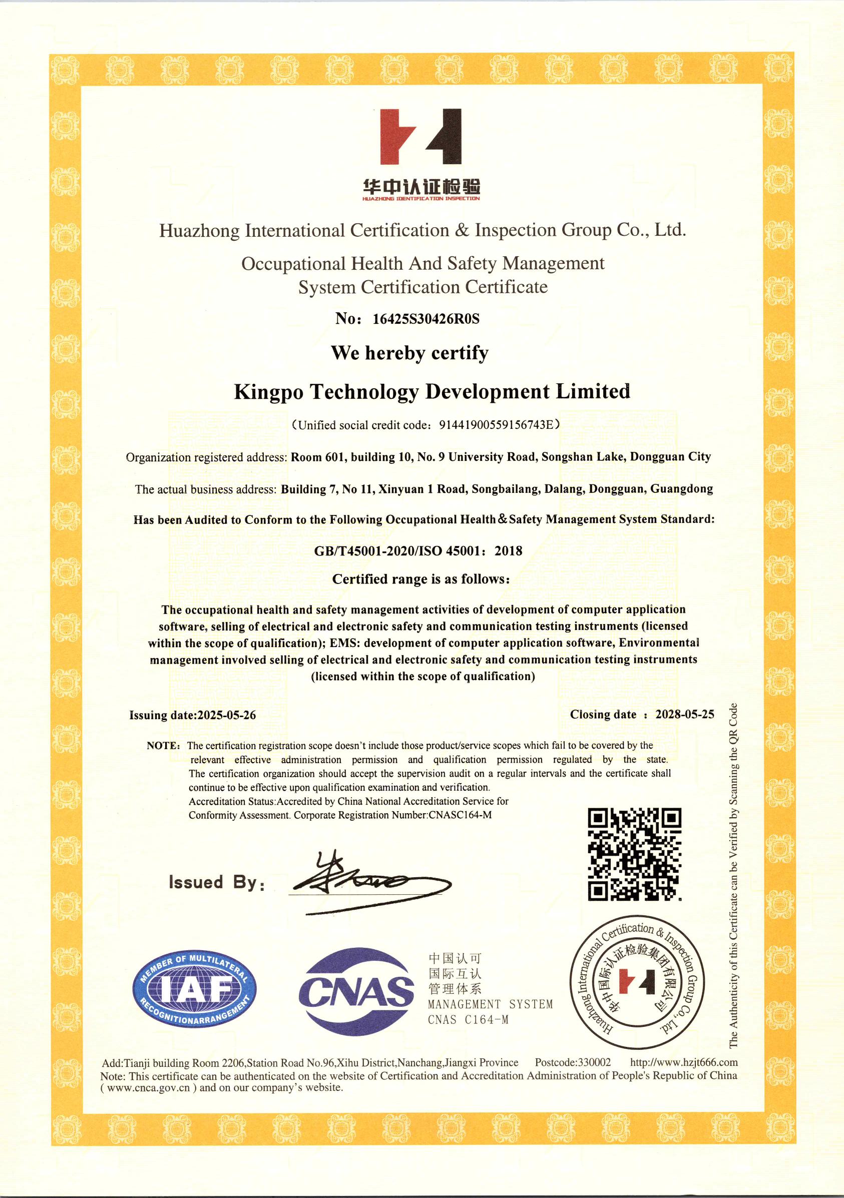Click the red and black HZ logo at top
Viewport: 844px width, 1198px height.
[x=420, y=137]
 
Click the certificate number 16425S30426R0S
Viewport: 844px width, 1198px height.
[x=426, y=319]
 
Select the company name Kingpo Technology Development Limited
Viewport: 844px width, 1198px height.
[x=432, y=391]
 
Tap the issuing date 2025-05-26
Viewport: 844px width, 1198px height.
[x=227, y=715]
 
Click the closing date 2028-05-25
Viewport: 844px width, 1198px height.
[x=684, y=714]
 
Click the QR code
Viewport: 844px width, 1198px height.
[x=634, y=854]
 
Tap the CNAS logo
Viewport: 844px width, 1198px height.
[x=356, y=991]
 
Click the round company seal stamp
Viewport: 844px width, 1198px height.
[x=636, y=982]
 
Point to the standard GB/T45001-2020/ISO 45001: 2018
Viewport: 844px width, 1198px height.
[x=418, y=551]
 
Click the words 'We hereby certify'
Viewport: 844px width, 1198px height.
[x=409, y=353]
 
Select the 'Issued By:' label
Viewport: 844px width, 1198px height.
[x=217, y=882]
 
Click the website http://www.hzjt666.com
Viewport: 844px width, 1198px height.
[x=684, y=1062]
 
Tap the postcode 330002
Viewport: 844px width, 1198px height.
[x=594, y=1062]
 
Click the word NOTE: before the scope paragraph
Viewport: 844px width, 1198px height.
[x=163, y=746]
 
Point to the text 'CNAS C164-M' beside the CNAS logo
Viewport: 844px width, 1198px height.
[x=468, y=1019]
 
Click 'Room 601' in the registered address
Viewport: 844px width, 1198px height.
[x=317, y=457]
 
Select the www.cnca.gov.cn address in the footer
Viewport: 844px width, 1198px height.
[x=148, y=1087]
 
